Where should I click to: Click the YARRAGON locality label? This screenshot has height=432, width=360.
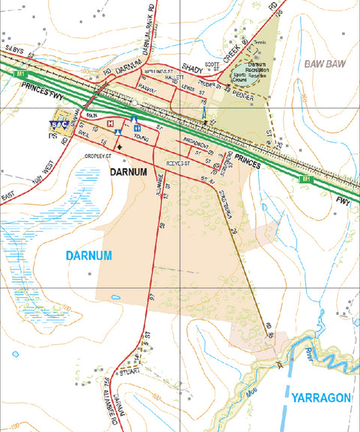tap(321, 397)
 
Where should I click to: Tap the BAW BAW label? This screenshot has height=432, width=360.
tap(324, 64)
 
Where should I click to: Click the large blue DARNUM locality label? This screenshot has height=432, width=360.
tap(88, 256)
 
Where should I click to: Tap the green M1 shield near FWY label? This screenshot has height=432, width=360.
tap(304, 179)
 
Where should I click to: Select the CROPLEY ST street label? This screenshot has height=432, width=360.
tap(97, 156)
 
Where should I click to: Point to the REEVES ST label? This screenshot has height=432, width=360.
tap(178, 161)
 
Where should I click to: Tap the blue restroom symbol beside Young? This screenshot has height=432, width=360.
tap(138, 128)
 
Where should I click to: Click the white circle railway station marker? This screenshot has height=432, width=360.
tap(133, 101)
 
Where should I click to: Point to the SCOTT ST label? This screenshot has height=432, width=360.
tap(212, 66)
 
